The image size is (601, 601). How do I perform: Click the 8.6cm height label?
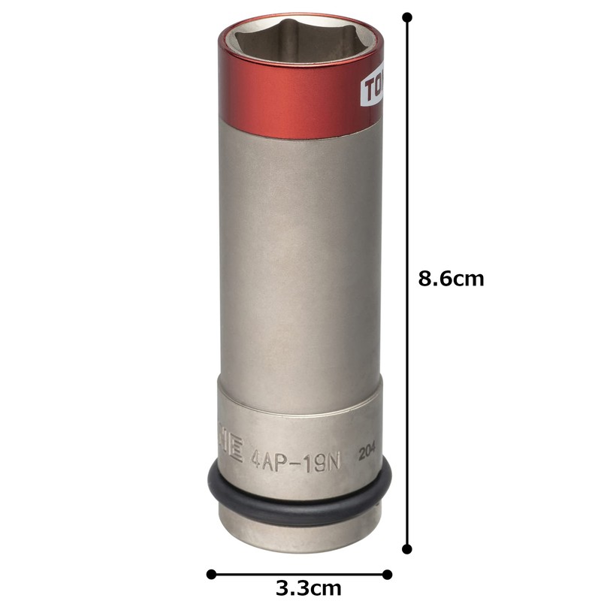(452, 279)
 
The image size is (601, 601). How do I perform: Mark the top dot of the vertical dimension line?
(408, 17)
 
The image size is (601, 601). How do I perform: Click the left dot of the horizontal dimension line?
(211, 575)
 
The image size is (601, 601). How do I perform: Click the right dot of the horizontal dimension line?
(388, 575)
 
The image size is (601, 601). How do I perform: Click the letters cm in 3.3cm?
(327, 587)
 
